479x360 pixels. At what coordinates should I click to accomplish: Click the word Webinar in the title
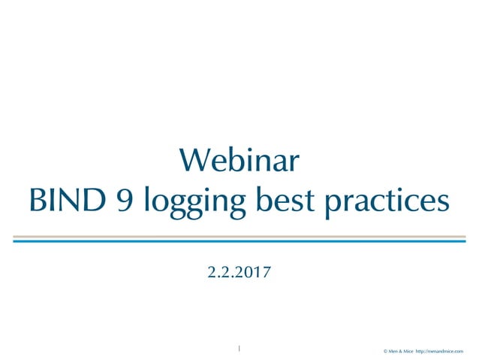(x=239, y=161)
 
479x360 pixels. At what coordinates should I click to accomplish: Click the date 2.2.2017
(x=239, y=271)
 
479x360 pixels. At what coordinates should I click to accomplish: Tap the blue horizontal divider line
(x=239, y=241)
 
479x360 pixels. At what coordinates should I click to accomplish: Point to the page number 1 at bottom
(x=239, y=348)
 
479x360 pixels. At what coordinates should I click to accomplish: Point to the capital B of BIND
(x=36, y=201)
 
